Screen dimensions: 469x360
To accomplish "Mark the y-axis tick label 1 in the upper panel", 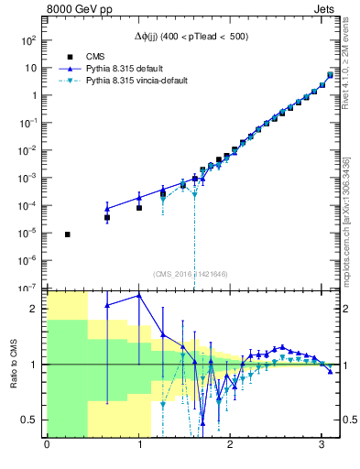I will [33, 95].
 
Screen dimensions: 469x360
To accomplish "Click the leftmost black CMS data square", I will [68, 234].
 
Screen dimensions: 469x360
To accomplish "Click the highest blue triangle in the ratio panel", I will [139, 295].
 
